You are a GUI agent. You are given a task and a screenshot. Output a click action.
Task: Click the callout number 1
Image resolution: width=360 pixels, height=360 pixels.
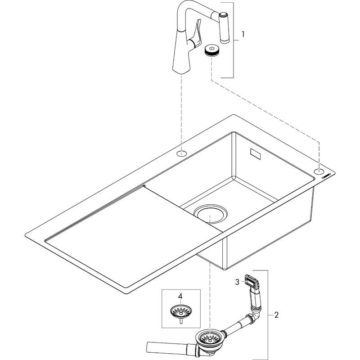pos(243,34)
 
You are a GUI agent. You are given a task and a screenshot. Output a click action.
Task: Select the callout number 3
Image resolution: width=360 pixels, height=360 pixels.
pos(237,282)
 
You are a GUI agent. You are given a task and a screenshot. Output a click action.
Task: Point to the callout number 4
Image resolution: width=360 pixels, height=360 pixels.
pos(180,297)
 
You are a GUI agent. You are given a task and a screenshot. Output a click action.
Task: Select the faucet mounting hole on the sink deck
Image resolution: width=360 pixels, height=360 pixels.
pos(182,154)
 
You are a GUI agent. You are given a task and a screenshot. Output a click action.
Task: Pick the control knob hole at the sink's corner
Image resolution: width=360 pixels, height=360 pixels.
pos(319,171)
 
